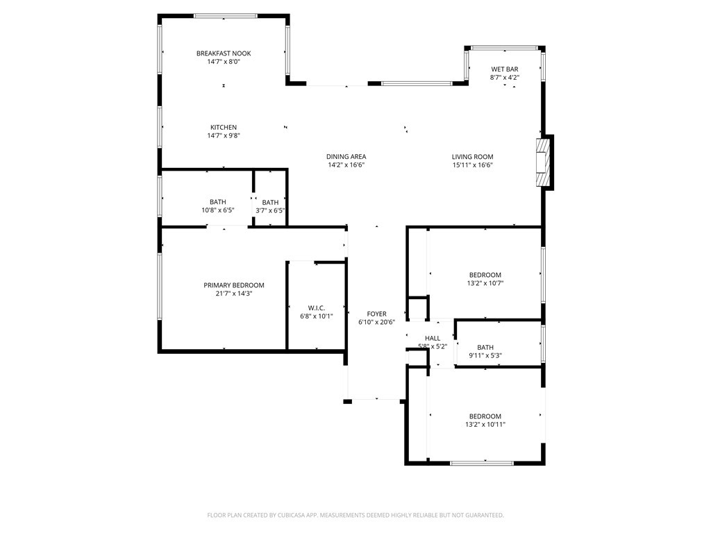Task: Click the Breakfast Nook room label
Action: (224, 53)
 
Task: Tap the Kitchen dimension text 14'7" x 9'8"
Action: (224, 136)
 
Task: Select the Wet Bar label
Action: (505, 69)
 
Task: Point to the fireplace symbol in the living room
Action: (544, 162)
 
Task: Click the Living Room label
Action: (472, 157)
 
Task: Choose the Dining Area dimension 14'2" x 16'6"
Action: (346, 165)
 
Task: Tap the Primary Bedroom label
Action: (233, 285)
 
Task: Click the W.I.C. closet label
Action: (317, 308)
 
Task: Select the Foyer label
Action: (376, 314)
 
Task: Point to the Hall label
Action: (433, 338)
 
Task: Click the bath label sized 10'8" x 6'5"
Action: (218, 202)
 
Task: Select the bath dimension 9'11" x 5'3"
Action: (485, 355)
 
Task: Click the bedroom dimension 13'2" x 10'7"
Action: (485, 283)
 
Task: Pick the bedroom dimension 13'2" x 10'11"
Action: (485, 425)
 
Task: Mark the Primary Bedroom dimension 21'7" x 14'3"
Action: (233, 294)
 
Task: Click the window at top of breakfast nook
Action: (226, 15)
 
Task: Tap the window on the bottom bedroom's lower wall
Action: (482, 463)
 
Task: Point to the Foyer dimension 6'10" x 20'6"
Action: (376, 322)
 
